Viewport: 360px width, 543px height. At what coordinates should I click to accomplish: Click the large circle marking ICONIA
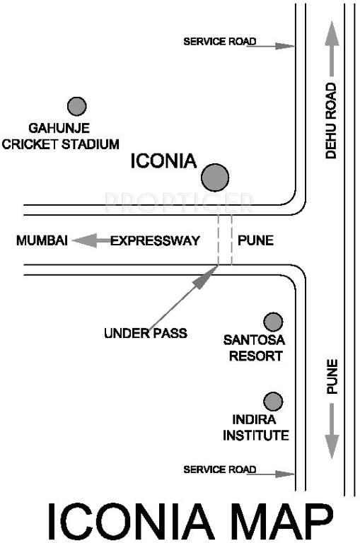(214, 177)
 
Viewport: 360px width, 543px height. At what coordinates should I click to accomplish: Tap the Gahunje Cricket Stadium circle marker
(76, 106)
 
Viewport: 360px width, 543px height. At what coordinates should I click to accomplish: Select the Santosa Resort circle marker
(273, 322)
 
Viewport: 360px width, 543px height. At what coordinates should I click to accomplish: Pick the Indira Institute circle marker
(273, 402)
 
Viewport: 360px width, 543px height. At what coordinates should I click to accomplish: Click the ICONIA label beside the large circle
(163, 162)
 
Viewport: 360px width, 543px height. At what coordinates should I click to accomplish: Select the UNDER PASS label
(145, 332)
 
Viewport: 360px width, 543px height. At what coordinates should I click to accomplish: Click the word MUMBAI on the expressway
(42, 241)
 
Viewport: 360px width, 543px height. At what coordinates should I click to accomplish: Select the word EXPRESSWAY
(155, 241)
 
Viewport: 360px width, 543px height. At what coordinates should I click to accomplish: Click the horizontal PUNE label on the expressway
(255, 241)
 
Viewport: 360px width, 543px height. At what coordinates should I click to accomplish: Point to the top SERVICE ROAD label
(219, 42)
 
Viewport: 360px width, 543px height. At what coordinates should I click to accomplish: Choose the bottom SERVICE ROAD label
(219, 469)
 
